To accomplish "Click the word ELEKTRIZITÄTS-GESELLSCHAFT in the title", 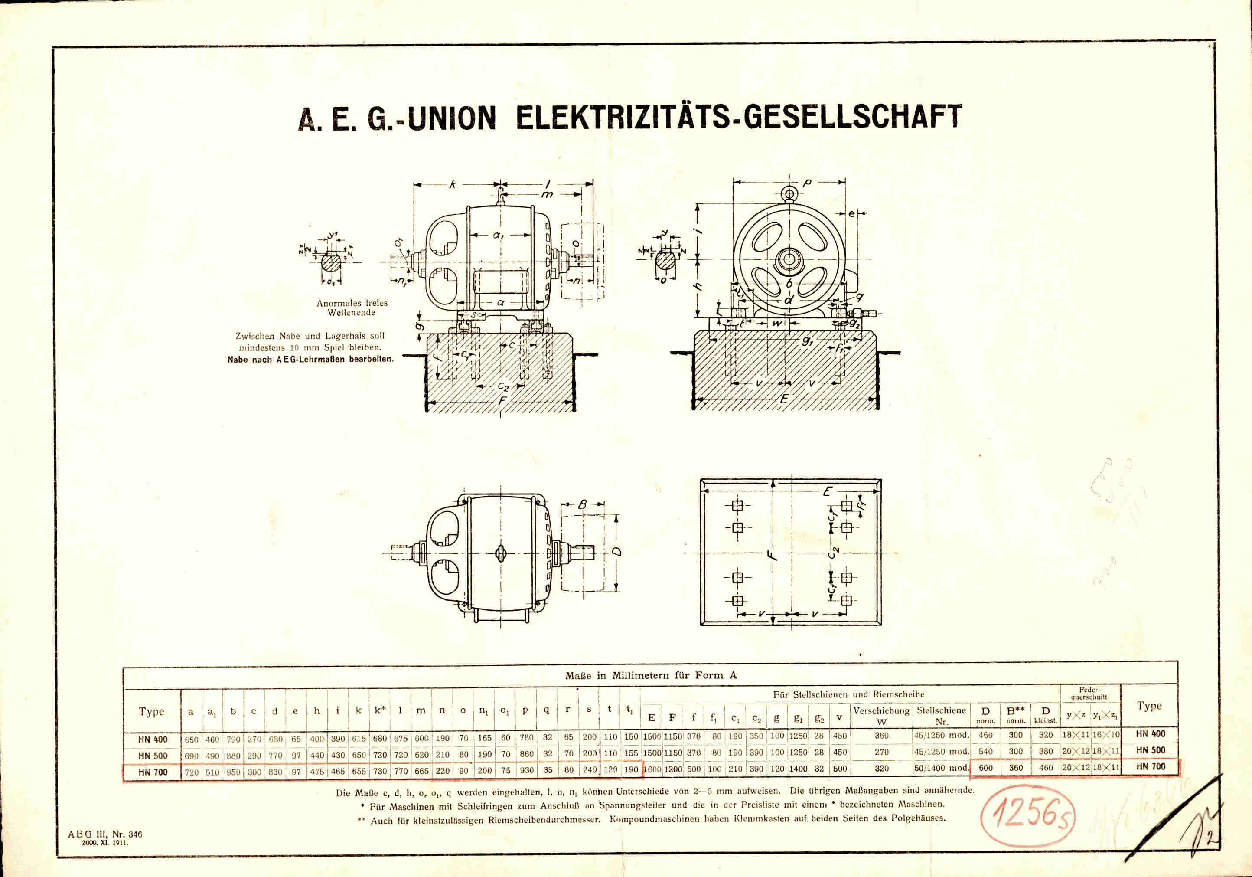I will click(x=739, y=117).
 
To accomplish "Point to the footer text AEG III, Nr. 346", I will click(x=105, y=834).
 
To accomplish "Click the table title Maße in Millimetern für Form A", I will click(x=651, y=675).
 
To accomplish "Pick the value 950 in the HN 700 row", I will click(x=233, y=772).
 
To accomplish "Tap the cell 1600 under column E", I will click(x=652, y=769).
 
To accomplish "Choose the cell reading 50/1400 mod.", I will click(x=942, y=768).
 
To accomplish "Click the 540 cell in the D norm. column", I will click(x=986, y=752).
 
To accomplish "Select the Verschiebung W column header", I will click(x=881, y=716).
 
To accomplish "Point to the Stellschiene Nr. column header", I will click(x=942, y=716).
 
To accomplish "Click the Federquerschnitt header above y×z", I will click(x=1089, y=693).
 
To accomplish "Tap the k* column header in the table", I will click(x=380, y=710).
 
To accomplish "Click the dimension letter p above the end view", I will click(x=806, y=184).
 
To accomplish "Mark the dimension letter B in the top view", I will click(x=582, y=504).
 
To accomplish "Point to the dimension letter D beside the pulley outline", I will click(x=617, y=553).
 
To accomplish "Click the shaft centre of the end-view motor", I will click(x=789, y=260).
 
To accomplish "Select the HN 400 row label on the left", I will click(x=153, y=740).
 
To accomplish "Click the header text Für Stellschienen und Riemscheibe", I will click(x=848, y=695).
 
